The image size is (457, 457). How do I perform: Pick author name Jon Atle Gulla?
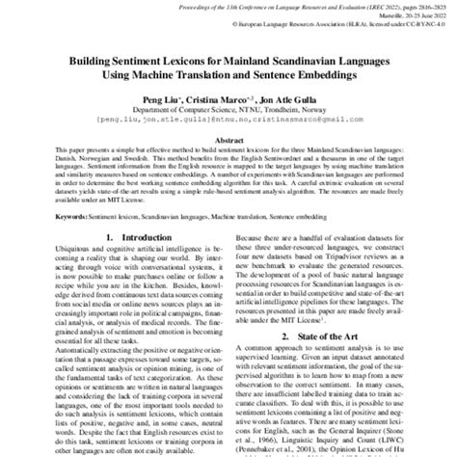coord(284,97)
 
